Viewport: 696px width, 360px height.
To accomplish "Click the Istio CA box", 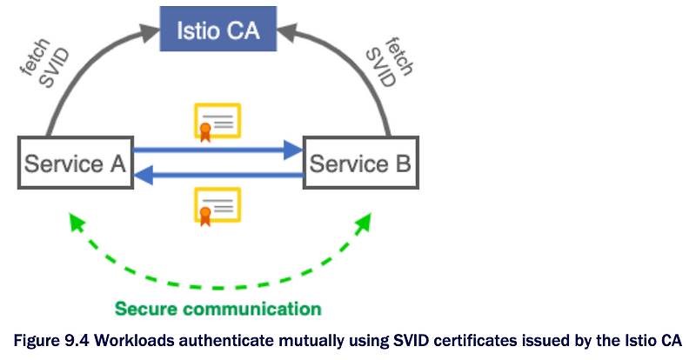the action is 218,29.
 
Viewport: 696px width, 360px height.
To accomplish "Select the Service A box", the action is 76,163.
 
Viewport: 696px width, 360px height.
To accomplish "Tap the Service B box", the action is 360,163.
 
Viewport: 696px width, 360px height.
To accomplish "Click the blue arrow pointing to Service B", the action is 218,150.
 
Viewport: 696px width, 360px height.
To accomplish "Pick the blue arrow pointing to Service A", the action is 218,175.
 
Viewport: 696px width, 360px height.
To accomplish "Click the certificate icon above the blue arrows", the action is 217,122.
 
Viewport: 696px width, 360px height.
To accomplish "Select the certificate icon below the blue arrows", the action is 217,206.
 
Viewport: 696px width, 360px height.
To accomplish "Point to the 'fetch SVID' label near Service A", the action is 45,63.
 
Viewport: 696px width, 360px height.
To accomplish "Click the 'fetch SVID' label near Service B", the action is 389,63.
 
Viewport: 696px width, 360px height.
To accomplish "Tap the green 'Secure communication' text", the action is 218,309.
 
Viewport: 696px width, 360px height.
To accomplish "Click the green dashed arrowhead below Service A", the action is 77,222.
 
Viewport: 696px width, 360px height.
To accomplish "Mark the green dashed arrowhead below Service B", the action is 363,222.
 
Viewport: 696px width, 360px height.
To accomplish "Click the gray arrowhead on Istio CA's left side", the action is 149,32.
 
